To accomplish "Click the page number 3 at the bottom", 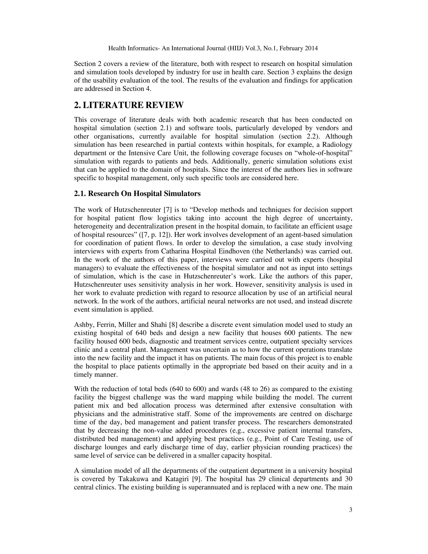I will (x=350, y=510).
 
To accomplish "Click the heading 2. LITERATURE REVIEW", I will (x=129, y=105).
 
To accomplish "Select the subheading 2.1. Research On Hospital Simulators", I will (x=137, y=194).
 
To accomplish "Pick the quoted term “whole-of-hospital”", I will (x=322, y=153).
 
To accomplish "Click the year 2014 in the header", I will (x=311, y=48).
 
